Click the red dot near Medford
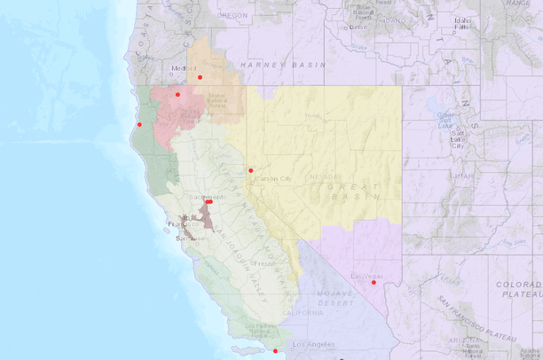(x=201, y=77)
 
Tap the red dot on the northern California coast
(x=139, y=124)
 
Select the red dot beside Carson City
(x=251, y=170)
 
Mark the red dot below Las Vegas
(x=374, y=283)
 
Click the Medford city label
(x=185, y=68)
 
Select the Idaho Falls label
(x=462, y=24)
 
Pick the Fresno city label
(x=264, y=263)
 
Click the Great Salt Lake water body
(x=444, y=115)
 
